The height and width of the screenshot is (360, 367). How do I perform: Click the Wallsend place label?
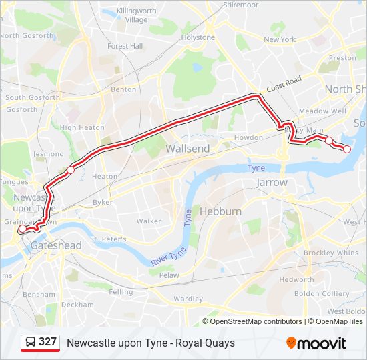click(x=188, y=149)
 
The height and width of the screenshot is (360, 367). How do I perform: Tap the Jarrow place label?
click(x=272, y=182)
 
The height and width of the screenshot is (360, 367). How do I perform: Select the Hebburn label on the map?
click(x=220, y=211)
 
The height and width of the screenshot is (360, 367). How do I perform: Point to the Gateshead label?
click(x=56, y=245)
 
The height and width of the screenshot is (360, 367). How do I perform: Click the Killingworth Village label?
click(x=136, y=15)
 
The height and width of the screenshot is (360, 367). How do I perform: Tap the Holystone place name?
click(x=198, y=37)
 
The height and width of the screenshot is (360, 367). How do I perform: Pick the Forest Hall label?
click(x=125, y=46)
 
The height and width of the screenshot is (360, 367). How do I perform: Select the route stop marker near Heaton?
click(x=71, y=170)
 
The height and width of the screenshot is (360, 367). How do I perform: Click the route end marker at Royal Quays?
click(x=347, y=149)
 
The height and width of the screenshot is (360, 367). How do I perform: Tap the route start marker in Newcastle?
click(x=22, y=229)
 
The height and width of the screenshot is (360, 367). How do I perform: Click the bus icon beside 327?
click(x=30, y=342)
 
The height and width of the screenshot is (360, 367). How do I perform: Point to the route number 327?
click(x=47, y=342)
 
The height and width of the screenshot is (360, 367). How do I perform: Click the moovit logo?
click(x=316, y=343)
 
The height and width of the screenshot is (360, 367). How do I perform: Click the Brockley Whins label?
click(x=331, y=253)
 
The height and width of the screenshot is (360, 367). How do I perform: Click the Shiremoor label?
click(x=241, y=4)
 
